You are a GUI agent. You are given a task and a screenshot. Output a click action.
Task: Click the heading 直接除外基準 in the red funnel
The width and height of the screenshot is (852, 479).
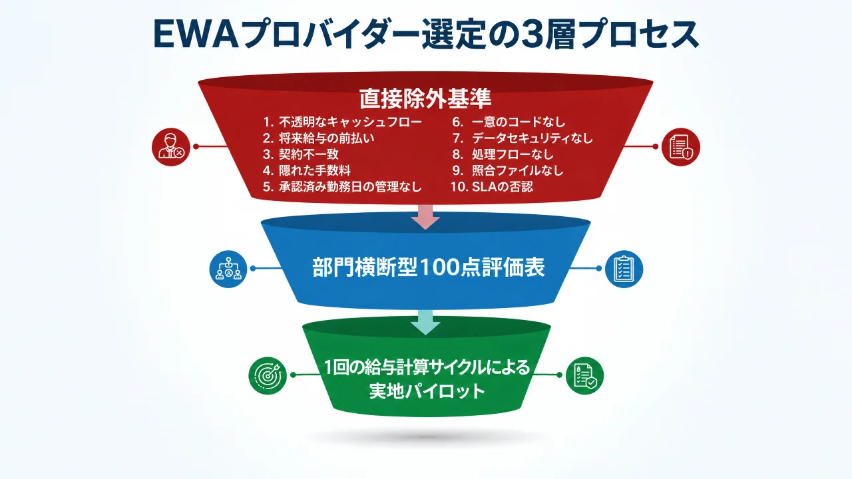(x=425, y=98)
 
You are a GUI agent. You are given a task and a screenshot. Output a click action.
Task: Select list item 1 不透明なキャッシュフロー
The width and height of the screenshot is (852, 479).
(x=342, y=122)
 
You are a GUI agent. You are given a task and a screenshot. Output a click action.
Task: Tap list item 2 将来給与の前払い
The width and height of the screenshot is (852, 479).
(x=318, y=138)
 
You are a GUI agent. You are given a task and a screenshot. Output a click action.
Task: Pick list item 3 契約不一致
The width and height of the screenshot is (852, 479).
(x=300, y=154)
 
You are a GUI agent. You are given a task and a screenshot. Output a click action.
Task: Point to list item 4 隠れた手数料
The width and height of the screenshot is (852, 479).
(x=307, y=170)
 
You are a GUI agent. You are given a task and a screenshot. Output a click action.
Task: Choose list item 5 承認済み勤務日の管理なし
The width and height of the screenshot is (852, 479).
(x=342, y=187)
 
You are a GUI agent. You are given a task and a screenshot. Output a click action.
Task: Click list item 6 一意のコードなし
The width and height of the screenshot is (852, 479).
(x=509, y=122)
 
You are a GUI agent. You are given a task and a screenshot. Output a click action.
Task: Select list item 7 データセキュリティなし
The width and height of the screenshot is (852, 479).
(x=523, y=138)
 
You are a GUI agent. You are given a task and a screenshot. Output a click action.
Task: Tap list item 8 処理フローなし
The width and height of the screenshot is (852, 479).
(x=503, y=154)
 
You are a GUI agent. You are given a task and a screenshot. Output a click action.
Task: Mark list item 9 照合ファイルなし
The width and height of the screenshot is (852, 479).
(x=507, y=170)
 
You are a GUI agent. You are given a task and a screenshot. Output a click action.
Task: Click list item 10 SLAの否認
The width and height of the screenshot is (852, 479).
(x=492, y=187)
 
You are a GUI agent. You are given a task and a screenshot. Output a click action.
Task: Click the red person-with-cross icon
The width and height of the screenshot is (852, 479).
(x=171, y=147)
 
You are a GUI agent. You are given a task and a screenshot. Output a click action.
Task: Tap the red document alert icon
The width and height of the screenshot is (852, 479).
(x=680, y=147)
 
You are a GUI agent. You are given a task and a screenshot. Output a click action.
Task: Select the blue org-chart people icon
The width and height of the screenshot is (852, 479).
(x=228, y=269)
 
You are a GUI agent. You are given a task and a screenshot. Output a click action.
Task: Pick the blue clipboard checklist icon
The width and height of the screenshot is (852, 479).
(x=624, y=269)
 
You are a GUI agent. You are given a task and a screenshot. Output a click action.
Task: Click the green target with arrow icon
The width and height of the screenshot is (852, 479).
(x=268, y=376)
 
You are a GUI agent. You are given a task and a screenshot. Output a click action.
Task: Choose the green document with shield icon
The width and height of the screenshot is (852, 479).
(x=584, y=376)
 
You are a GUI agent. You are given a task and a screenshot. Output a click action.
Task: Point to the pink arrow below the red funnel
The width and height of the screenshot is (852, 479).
(x=425, y=217)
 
